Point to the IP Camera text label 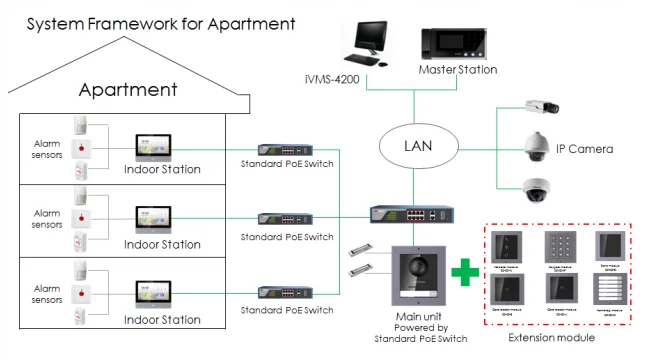tap(585, 149)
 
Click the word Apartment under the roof tap(128, 90)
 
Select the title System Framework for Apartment tap(146, 22)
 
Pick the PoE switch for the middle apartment tap(285, 217)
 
